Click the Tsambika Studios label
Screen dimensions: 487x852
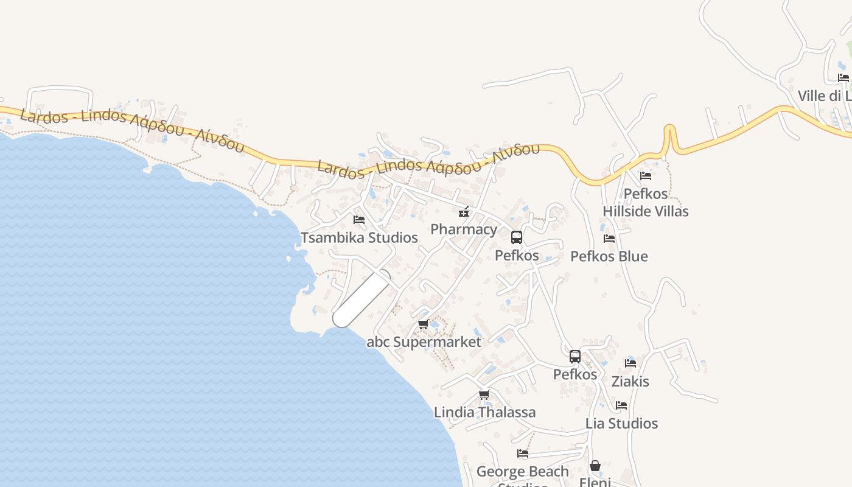359,237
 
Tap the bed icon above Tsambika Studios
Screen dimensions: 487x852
359,219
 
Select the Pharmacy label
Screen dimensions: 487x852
464,229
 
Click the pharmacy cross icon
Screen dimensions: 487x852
464,212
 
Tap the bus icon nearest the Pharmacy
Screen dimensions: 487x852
517,237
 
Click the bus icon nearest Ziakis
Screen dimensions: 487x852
575,357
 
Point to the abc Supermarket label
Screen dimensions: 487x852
424,342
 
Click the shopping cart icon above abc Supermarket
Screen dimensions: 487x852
424,324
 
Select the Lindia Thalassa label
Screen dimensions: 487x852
484,412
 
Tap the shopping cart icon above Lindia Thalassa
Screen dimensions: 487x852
484,394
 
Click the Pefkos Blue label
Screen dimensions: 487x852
609,256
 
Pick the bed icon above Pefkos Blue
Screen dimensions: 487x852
609,239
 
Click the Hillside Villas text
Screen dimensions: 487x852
646,211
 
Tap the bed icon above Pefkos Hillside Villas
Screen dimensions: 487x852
646,176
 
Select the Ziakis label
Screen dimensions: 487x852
630,382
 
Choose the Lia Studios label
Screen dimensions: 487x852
621,423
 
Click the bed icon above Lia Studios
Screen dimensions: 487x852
621,405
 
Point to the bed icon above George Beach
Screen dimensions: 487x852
523,454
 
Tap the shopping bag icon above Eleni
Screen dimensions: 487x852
595,466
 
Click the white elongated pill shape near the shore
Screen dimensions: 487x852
362,298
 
